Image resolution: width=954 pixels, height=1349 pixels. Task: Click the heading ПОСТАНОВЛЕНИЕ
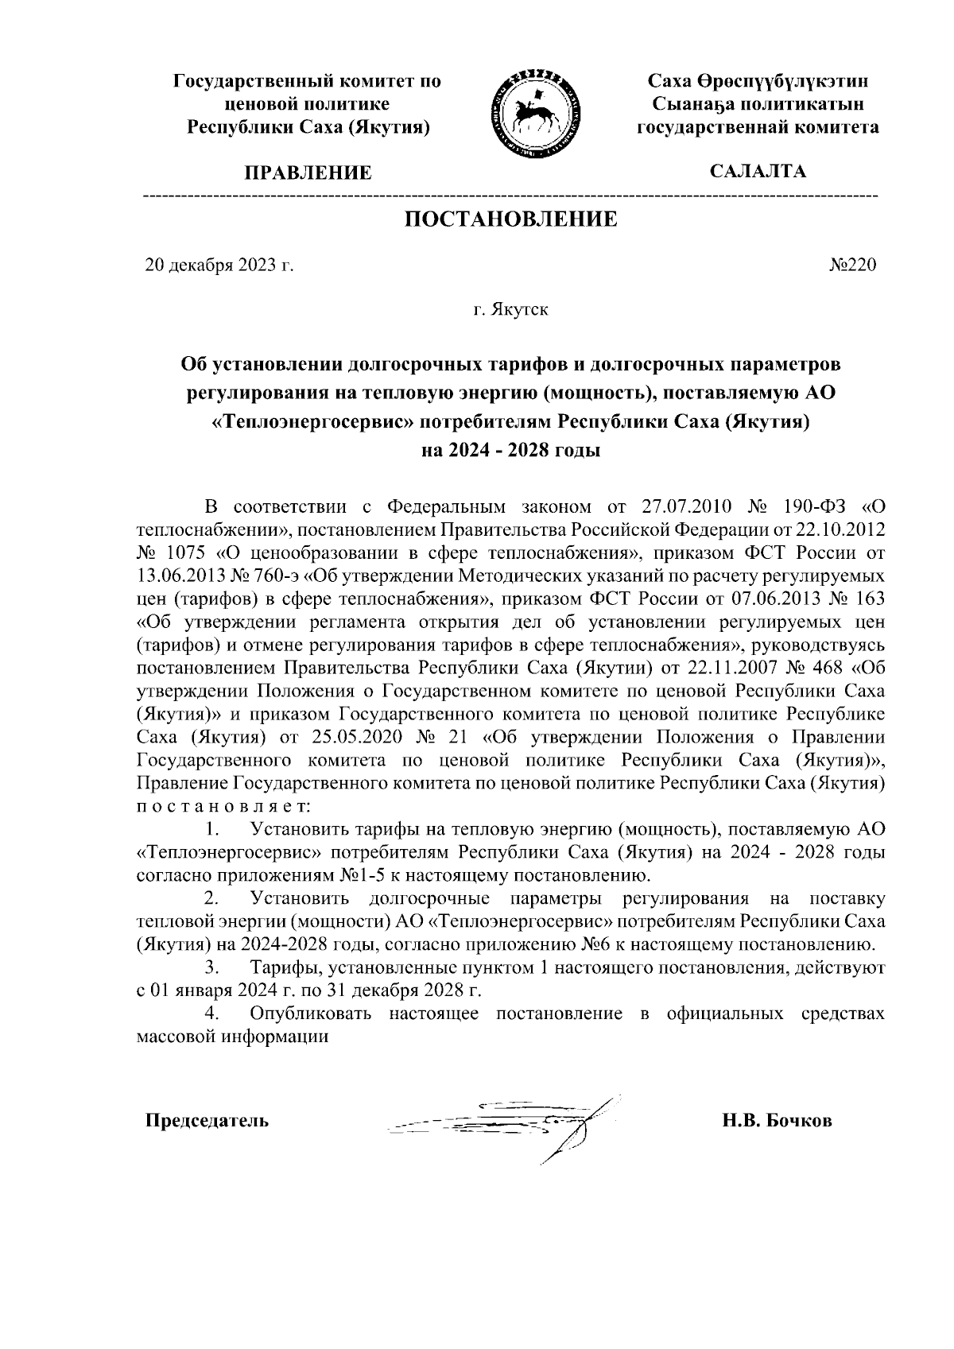[x=511, y=219]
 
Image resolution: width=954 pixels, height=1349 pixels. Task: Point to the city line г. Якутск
[x=510, y=309]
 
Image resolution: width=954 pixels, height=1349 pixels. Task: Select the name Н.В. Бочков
[x=777, y=1122]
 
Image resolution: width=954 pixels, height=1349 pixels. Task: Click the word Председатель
[x=207, y=1122]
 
